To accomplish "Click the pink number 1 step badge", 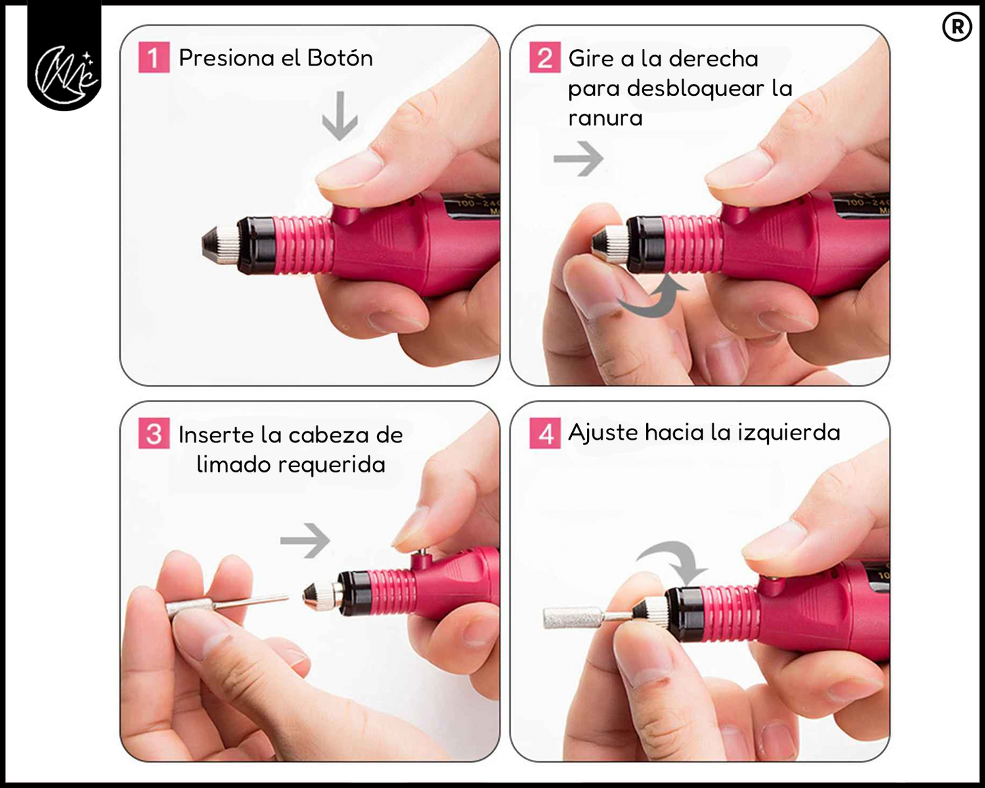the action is [154, 57].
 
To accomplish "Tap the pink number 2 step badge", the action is [545, 57].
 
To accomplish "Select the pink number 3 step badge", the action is [154, 433].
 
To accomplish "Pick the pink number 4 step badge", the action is [545, 433].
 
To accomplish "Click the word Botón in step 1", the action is [340, 58].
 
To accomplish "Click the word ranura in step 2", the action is [605, 118].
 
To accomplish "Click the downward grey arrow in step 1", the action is [339, 117].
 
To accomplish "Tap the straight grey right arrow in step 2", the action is [579, 158].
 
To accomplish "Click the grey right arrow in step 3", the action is [305, 541].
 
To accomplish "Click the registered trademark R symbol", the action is [957, 27].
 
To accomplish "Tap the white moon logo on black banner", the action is [65, 73].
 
